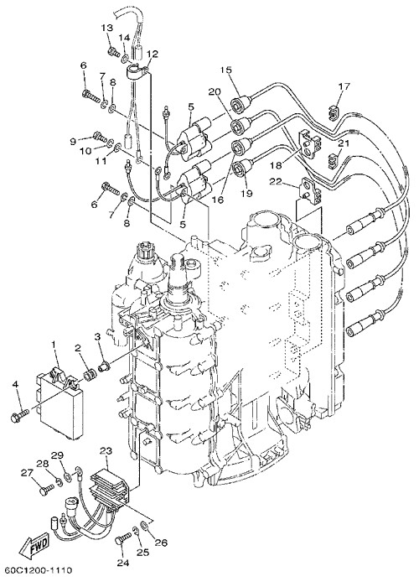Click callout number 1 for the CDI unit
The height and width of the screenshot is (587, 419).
(54, 343)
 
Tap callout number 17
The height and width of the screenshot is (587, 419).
(344, 87)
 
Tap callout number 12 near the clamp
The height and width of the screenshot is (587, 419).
(153, 54)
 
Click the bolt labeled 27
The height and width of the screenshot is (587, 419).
(46, 487)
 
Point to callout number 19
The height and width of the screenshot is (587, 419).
(247, 194)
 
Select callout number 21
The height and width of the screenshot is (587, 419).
(344, 143)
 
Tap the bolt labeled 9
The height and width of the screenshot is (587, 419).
(99, 136)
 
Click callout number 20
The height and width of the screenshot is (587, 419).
(215, 91)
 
